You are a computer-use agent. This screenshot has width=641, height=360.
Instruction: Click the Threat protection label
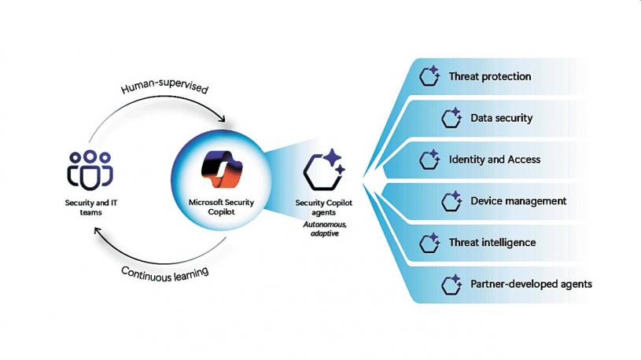tap(489, 76)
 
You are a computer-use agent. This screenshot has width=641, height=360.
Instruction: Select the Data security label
tap(501, 118)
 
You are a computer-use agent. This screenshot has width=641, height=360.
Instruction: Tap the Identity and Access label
tap(494, 160)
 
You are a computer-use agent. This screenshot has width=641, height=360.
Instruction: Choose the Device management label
tap(518, 201)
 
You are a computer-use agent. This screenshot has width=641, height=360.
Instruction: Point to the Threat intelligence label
tap(492, 242)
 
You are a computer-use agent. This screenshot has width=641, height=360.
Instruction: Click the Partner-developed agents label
tap(531, 284)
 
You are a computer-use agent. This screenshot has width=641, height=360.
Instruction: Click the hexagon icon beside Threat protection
tap(429, 76)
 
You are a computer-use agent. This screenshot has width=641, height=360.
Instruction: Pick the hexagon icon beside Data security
tap(451, 118)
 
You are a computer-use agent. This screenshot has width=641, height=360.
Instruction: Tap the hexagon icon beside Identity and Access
tap(429, 160)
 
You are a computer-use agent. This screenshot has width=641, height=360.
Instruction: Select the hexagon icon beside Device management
tap(451, 201)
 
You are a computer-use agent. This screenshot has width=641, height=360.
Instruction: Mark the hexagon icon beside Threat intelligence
tap(429, 242)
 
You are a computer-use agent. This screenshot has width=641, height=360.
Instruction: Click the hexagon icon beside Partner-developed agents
tap(451, 284)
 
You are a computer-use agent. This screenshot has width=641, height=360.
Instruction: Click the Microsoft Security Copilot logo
tap(214, 167)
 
